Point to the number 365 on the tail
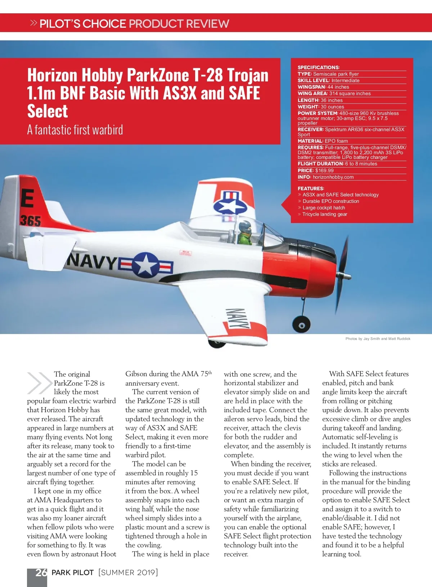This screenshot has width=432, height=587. click(x=31, y=221)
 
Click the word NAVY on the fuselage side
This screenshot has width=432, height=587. click(x=93, y=261)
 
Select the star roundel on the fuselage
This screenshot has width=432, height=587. click(x=145, y=264)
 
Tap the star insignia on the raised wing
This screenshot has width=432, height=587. click(x=230, y=205)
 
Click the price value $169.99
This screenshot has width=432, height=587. click(x=324, y=170)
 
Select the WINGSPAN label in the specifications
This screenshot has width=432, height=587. click(x=311, y=87)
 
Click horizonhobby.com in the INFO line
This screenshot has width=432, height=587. click(x=333, y=177)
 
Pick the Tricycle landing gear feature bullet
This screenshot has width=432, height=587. click(x=324, y=214)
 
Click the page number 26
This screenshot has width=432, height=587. click(x=41, y=573)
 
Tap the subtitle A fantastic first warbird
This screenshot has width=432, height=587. click(x=75, y=130)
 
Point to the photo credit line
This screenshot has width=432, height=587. click(x=378, y=339)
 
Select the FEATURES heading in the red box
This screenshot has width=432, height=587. click(x=311, y=188)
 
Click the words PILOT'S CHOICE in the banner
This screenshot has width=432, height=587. click(x=83, y=24)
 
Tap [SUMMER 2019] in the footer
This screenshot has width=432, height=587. click(x=128, y=573)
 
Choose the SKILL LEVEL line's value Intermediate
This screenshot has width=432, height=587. click(x=345, y=80)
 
